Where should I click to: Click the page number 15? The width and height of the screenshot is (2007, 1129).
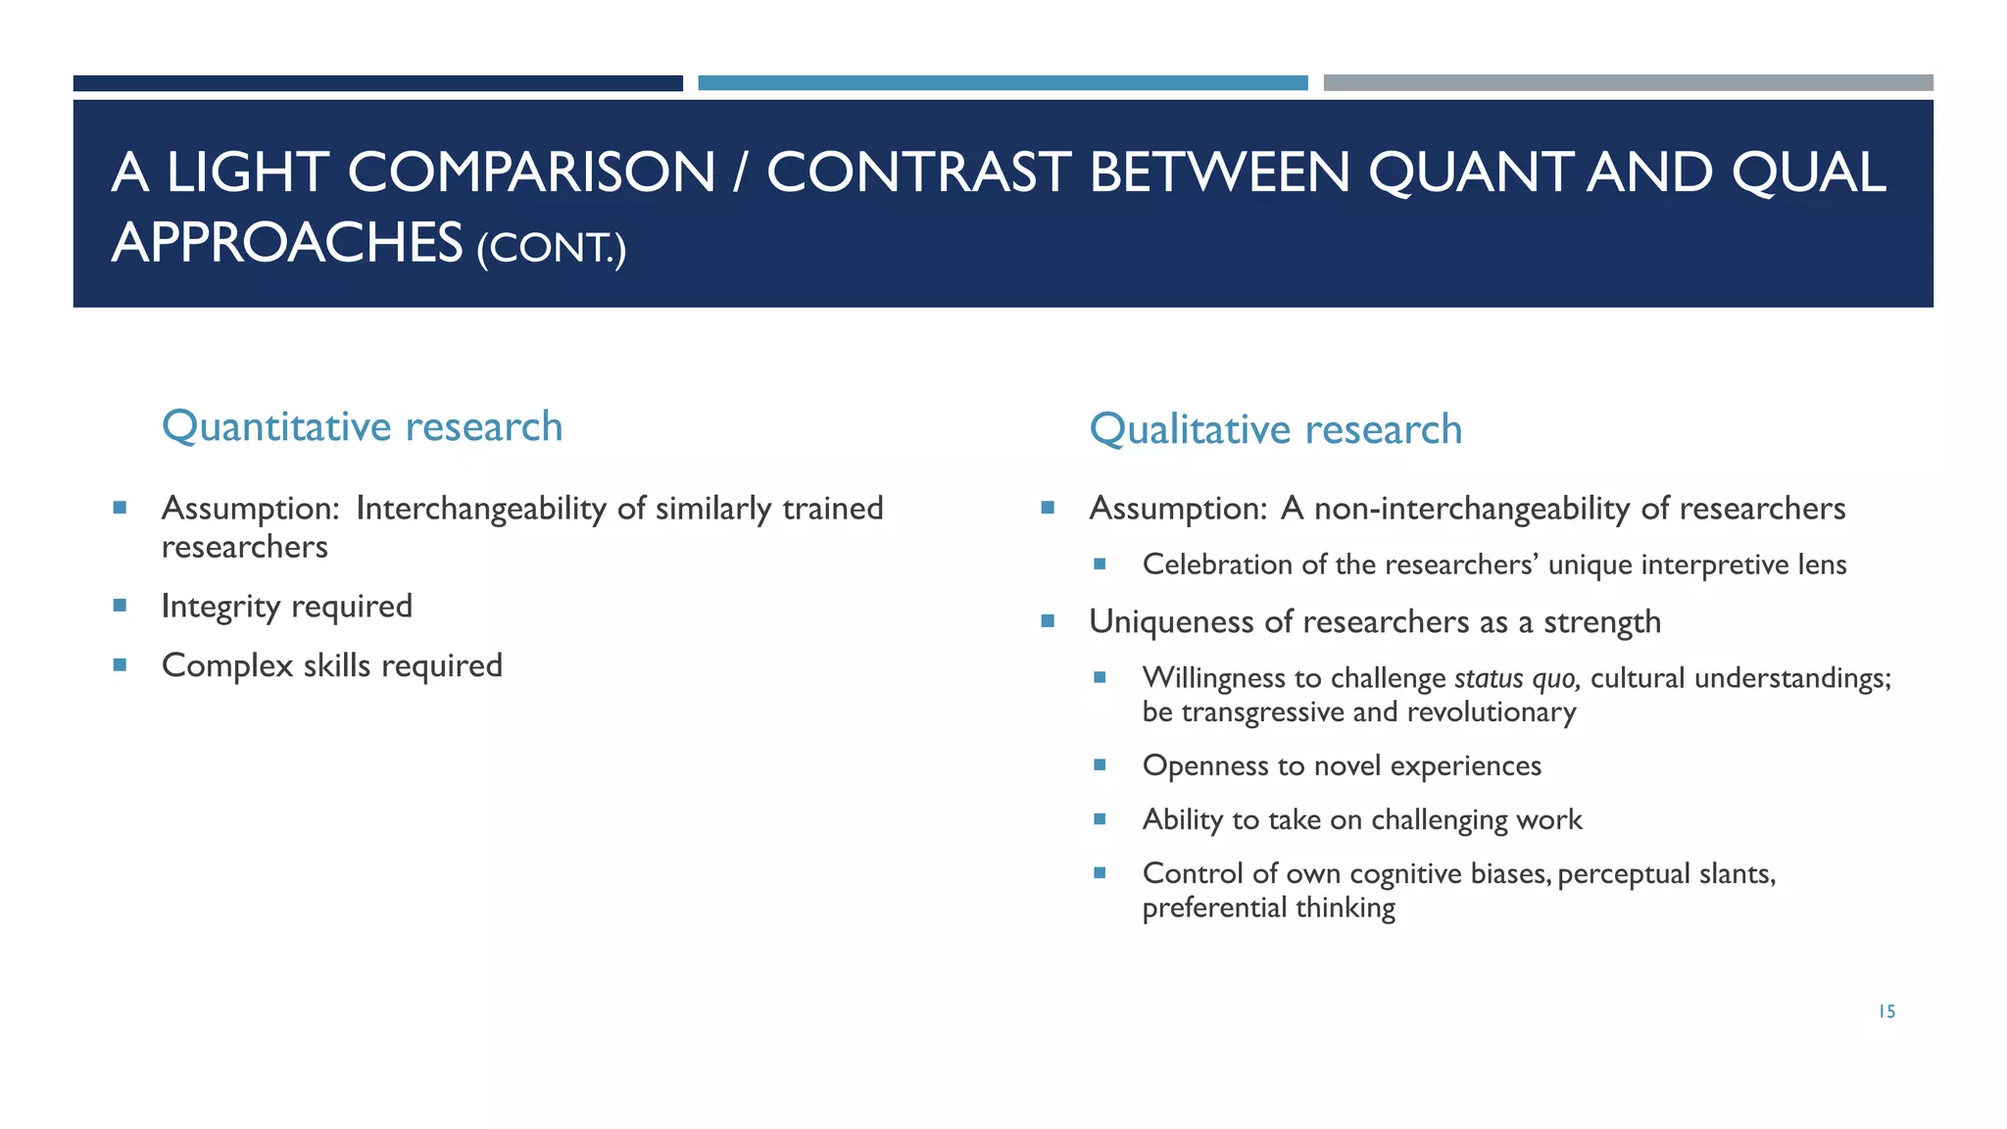click(x=1886, y=1011)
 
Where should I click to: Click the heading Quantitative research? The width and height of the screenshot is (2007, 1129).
click(x=362, y=426)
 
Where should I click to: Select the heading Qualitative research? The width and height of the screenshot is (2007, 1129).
click(x=1275, y=429)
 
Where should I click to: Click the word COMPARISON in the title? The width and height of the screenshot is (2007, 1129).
click(x=531, y=172)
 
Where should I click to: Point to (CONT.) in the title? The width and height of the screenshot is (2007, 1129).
click(x=551, y=247)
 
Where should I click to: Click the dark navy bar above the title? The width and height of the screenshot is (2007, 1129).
click(x=377, y=83)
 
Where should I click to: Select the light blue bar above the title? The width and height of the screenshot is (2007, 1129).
click(x=1003, y=83)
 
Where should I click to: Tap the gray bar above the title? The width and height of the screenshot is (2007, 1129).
click(x=1628, y=83)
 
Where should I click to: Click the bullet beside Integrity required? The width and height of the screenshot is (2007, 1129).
click(x=120, y=606)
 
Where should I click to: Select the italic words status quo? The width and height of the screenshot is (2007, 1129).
click(x=1516, y=678)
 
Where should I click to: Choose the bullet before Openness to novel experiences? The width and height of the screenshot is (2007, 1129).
click(x=1100, y=764)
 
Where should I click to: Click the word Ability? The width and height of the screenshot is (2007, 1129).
click(x=1182, y=819)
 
